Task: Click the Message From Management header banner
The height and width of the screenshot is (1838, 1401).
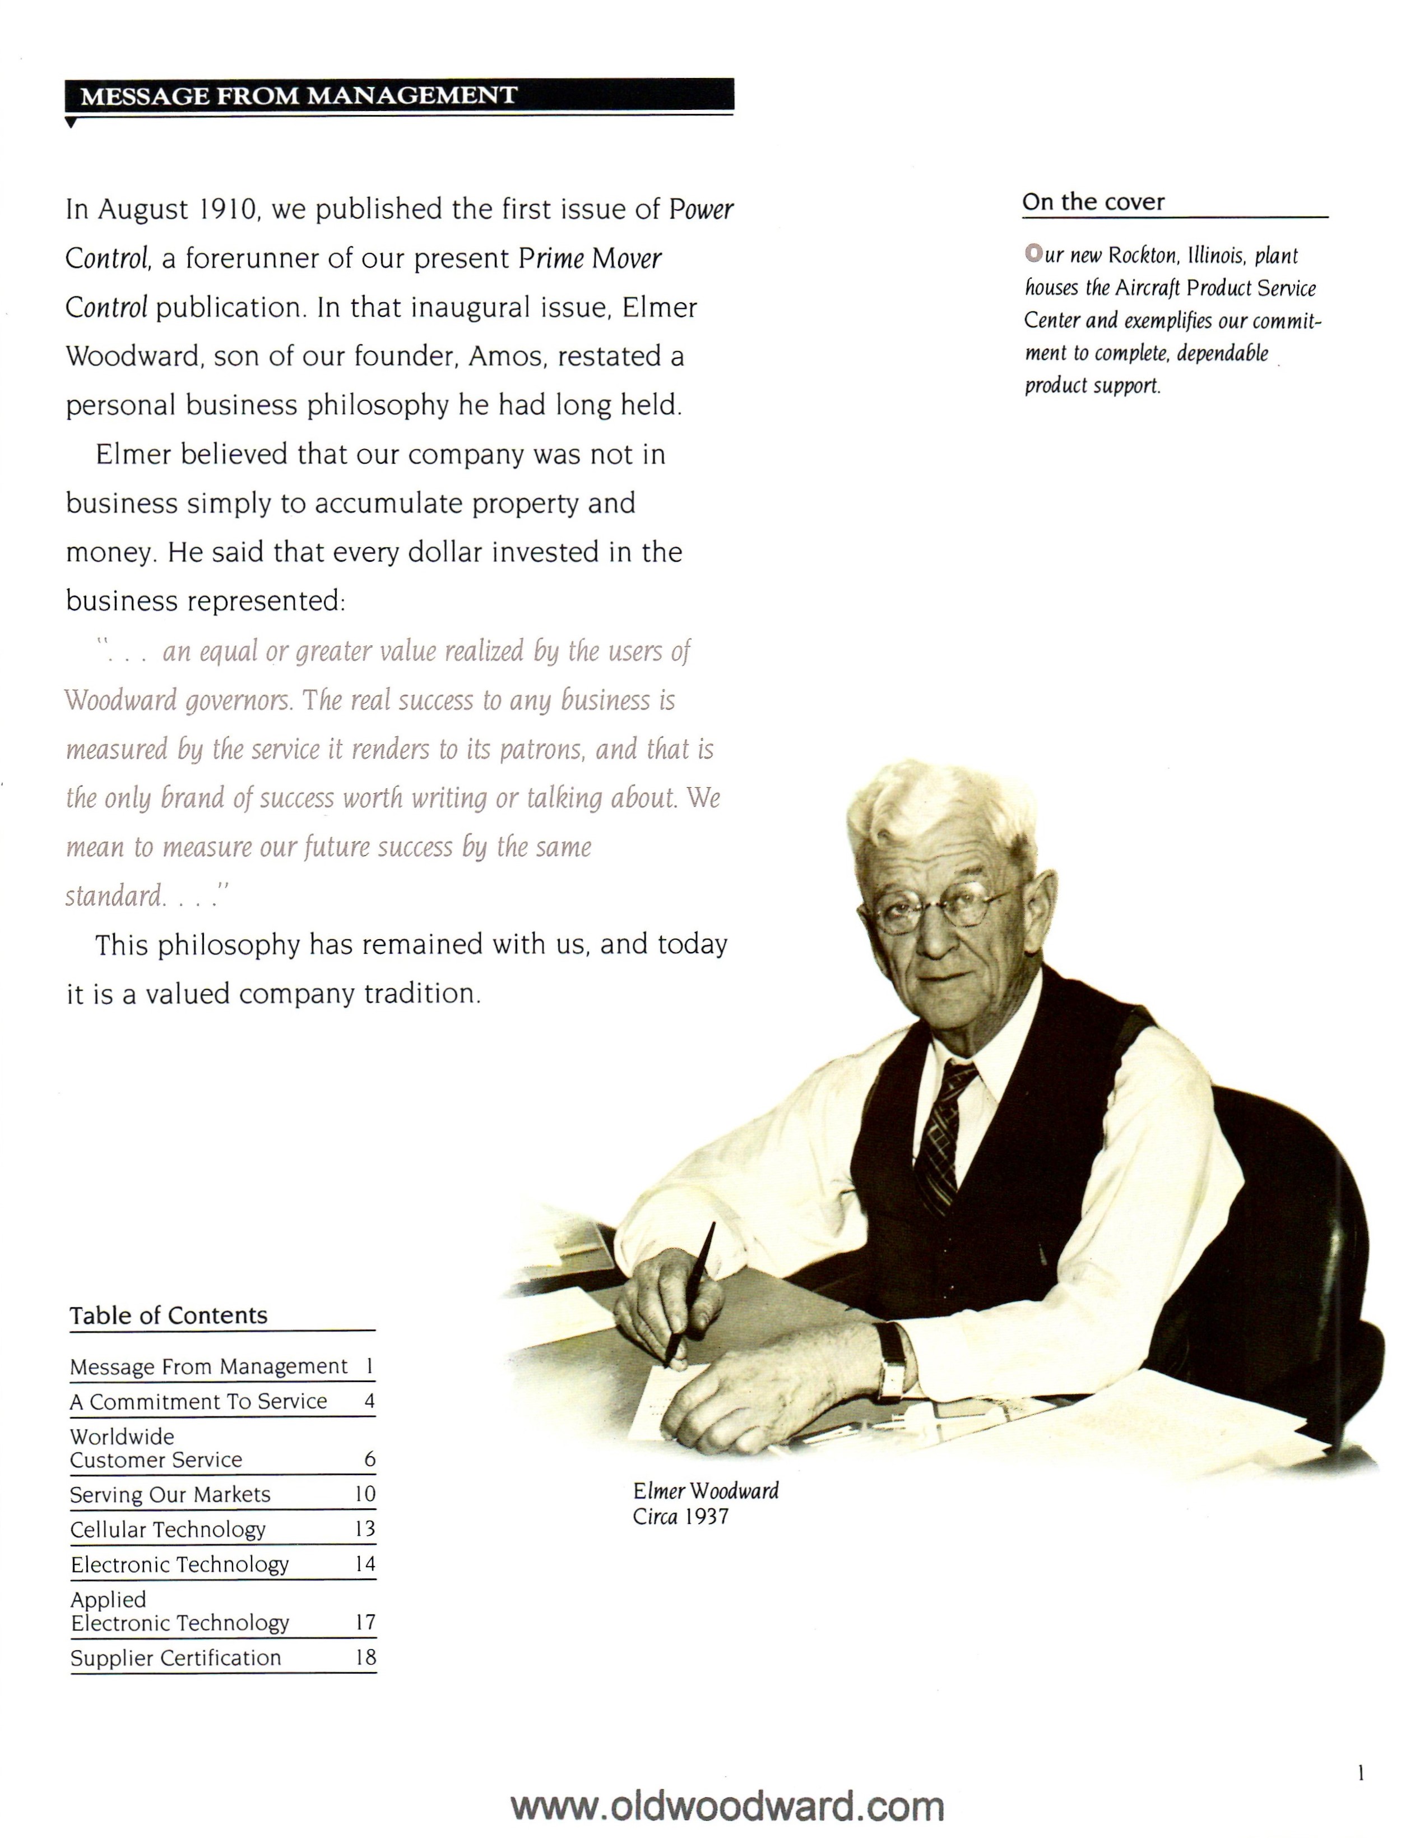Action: [398, 95]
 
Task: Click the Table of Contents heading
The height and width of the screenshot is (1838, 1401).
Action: [169, 1316]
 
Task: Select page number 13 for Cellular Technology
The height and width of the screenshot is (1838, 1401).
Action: [364, 1528]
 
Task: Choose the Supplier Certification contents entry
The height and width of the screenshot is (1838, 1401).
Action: [176, 1658]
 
